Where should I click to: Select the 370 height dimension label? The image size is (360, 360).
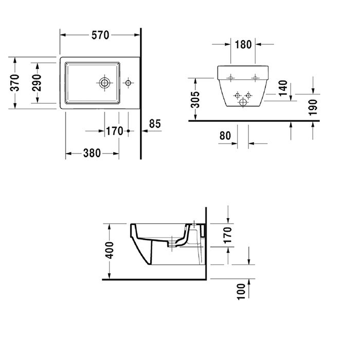point(15,83)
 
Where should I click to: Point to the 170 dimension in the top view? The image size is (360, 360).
point(114,131)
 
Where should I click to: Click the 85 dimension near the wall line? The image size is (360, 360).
point(155,124)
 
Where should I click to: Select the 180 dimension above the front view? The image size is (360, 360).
point(243,44)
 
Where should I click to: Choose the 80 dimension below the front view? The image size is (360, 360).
point(224,136)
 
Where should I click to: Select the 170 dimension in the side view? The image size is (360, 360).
point(227,235)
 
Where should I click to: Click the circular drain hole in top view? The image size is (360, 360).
point(105,82)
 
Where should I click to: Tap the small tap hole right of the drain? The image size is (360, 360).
point(128,82)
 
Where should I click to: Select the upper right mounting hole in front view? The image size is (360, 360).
point(254,78)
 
